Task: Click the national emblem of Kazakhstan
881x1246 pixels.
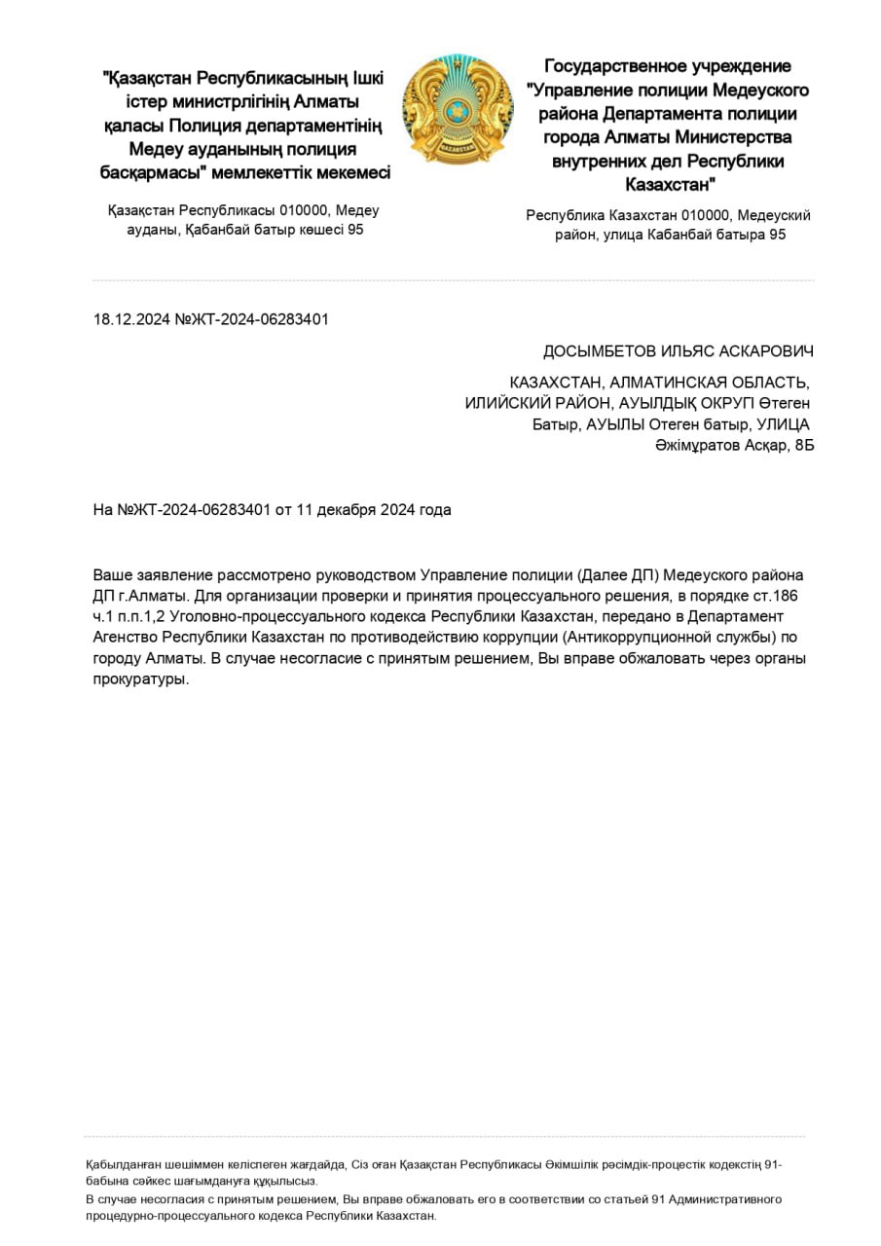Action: (x=458, y=110)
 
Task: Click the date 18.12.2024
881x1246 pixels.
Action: (x=131, y=319)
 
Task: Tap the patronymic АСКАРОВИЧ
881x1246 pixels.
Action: (x=766, y=351)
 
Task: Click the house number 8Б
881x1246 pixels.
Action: (x=803, y=445)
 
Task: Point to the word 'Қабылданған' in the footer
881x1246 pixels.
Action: (x=121, y=1163)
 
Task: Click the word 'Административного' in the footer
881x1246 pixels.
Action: (x=727, y=1199)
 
